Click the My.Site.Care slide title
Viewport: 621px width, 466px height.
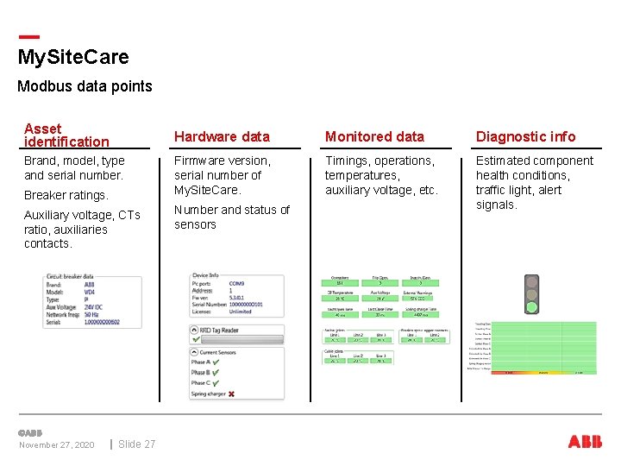[73, 58]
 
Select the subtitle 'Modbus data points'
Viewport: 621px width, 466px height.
[85, 86]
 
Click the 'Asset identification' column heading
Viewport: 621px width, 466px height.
[66, 135]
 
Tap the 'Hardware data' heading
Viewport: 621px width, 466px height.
[222, 136]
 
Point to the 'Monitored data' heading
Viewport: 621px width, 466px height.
[374, 136]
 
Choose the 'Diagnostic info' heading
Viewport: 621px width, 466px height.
[525, 136]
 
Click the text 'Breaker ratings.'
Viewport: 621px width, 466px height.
[66, 195]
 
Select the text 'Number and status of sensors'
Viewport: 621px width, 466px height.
[231, 217]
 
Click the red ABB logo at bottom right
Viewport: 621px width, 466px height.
[585, 442]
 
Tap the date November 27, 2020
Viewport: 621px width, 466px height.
[57, 444]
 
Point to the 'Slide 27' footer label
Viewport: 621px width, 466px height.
[136, 444]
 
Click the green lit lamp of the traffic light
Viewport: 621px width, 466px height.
[532, 306]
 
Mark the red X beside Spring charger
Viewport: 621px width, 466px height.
[231, 394]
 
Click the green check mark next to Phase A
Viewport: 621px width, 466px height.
[216, 362]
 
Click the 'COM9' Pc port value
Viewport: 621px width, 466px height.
[236, 283]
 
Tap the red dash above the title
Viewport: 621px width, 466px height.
[28, 36]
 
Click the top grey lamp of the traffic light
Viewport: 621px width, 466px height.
[532, 282]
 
